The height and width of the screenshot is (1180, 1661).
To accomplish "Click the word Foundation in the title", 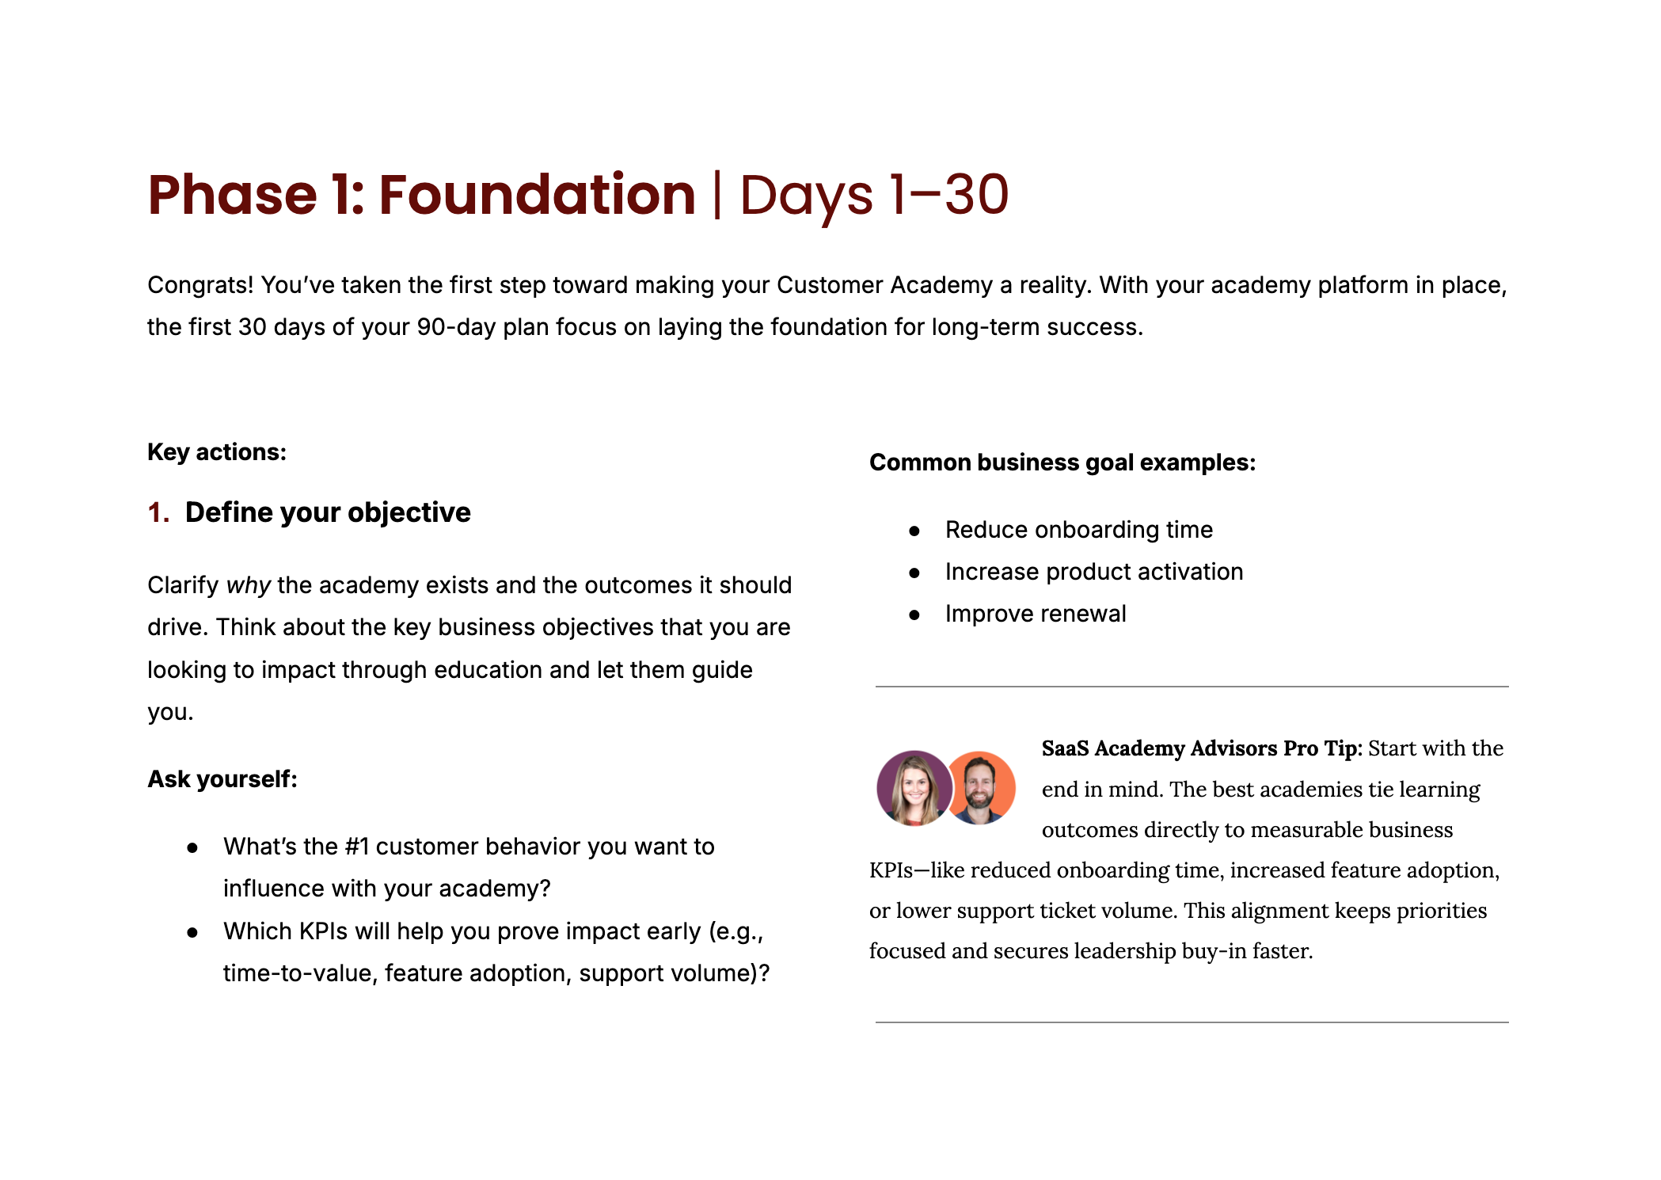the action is tap(537, 195).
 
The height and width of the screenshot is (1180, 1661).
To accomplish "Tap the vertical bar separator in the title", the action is tap(717, 196).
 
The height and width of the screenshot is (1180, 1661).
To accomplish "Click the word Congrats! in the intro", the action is tap(200, 285).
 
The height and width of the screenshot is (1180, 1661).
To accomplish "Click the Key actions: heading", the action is tap(217, 452).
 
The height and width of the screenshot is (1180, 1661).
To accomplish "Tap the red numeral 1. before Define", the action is tap(158, 512).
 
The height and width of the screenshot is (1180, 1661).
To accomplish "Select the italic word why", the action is tap(249, 585).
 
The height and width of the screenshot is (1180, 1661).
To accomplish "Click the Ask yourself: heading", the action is tap(222, 779).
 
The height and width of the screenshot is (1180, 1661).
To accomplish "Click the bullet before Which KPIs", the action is tap(192, 933).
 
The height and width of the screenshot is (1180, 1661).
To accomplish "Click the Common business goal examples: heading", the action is tap(1062, 462).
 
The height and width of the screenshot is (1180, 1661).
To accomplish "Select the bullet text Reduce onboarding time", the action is tap(1079, 530).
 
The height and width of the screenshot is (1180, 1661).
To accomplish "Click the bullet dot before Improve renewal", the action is tap(914, 615).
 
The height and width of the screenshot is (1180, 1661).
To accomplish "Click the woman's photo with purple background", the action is tap(914, 788).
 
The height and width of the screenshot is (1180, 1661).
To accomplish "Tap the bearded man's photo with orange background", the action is tap(980, 788).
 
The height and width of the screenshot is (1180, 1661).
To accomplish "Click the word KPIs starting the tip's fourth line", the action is tap(891, 870).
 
